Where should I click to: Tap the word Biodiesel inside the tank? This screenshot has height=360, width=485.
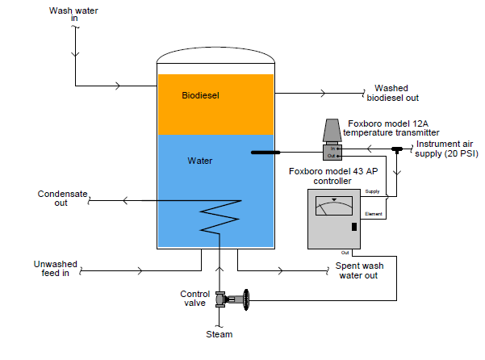click(x=201, y=95)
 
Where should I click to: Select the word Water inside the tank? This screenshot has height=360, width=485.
click(x=199, y=161)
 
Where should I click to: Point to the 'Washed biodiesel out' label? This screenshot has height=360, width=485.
click(x=393, y=94)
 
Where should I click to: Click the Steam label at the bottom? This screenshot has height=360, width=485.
click(x=219, y=334)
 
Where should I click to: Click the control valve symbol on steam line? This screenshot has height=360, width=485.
click(x=231, y=300)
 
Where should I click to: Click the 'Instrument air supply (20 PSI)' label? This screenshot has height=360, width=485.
click(x=446, y=149)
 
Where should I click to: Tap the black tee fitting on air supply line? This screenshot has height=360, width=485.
click(x=397, y=150)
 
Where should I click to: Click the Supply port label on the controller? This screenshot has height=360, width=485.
click(x=372, y=191)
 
